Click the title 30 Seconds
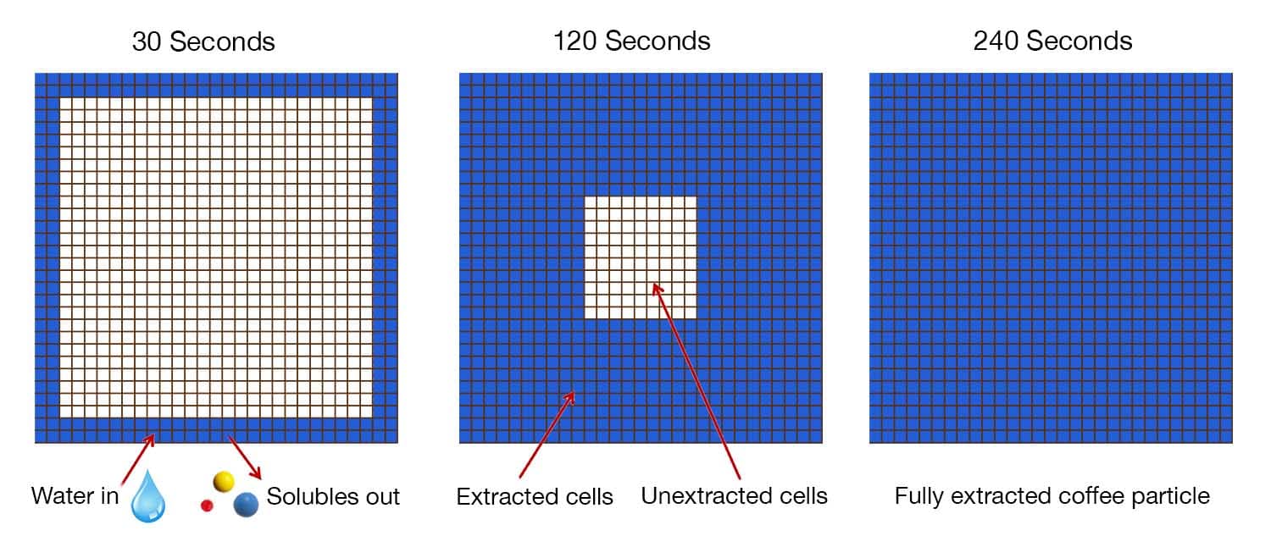pyautogui.click(x=203, y=41)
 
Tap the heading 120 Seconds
pyautogui.click(x=631, y=41)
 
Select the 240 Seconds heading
pyautogui.click(x=1052, y=41)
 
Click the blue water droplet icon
pyautogui.click(x=148, y=496)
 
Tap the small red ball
pyautogui.click(x=206, y=506)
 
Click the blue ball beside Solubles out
pyautogui.click(x=247, y=505)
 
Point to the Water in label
pyautogui.click(x=75, y=495)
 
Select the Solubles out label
pyautogui.click(x=333, y=496)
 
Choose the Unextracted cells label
pyautogui.click(x=734, y=495)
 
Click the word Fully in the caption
pyautogui.click(x=918, y=496)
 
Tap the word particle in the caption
pyautogui.click(x=1173, y=496)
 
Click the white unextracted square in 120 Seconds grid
pyautogui.click(x=641, y=257)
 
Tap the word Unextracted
pyautogui.click(x=706, y=495)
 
